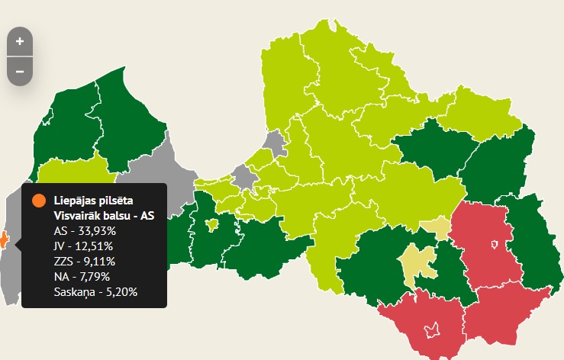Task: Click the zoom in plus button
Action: click(x=20, y=41)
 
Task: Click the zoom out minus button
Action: click(x=20, y=71)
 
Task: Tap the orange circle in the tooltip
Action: click(x=37, y=201)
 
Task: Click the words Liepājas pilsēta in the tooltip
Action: click(x=93, y=201)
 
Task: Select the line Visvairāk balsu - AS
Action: click(x=104, y=216)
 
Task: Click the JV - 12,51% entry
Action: click(x=83, y=246)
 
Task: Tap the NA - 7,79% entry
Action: click(x=82, y=275)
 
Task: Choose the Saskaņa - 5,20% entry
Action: click(x=95, y=291)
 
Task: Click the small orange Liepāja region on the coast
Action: click(x=3, y=240)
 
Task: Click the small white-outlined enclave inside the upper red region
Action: click(x=495, y=244)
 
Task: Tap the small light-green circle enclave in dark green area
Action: click(x=212, y=223)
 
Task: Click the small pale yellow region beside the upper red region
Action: click(x=437, y=226)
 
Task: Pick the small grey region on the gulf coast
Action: click(x=275, y=142)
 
